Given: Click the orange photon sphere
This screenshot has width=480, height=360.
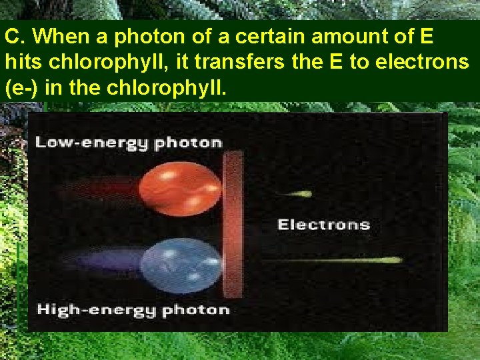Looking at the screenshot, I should (x=180, y=184).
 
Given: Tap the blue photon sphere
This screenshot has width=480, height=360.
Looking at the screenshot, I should (x=180, y=265).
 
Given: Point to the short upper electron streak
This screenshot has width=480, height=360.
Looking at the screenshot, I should (x=297, y=194).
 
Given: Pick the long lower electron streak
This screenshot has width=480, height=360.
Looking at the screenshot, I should (x=333, y=260).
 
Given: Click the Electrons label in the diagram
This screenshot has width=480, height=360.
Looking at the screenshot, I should (x=323, y=225).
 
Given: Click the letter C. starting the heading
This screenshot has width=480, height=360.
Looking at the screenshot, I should (x=13, y=35).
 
